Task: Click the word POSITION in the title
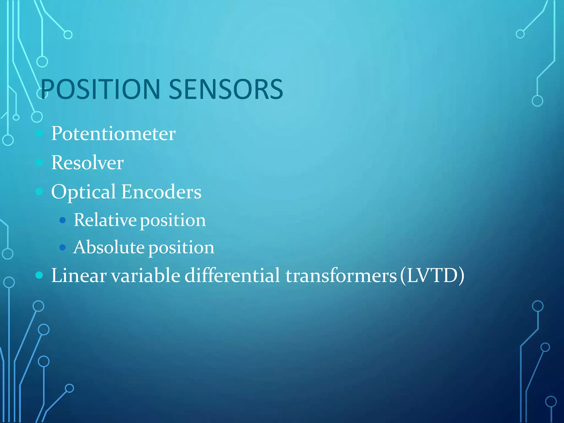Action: tap(100, 89)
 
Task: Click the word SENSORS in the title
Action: tap(226, 89)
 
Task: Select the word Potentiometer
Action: tap(113, 134)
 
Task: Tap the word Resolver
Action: tap(87, 163)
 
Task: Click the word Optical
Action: tap(83, 192)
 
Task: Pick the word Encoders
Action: tap(161, 192)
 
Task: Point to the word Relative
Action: tap(105, 220)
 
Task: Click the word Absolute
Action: tap(109, 247)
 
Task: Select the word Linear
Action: tap(79, 275)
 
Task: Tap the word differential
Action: tap(232, 275)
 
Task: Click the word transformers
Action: tap(341, 275)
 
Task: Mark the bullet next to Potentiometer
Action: tap(39, 133)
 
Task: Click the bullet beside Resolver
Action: tap(39, 162)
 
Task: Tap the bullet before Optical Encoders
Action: tap(39, 191)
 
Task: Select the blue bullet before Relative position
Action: tap(63, 220)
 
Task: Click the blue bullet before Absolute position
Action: tap(63, 247)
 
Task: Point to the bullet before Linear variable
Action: tap(39, 275)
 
